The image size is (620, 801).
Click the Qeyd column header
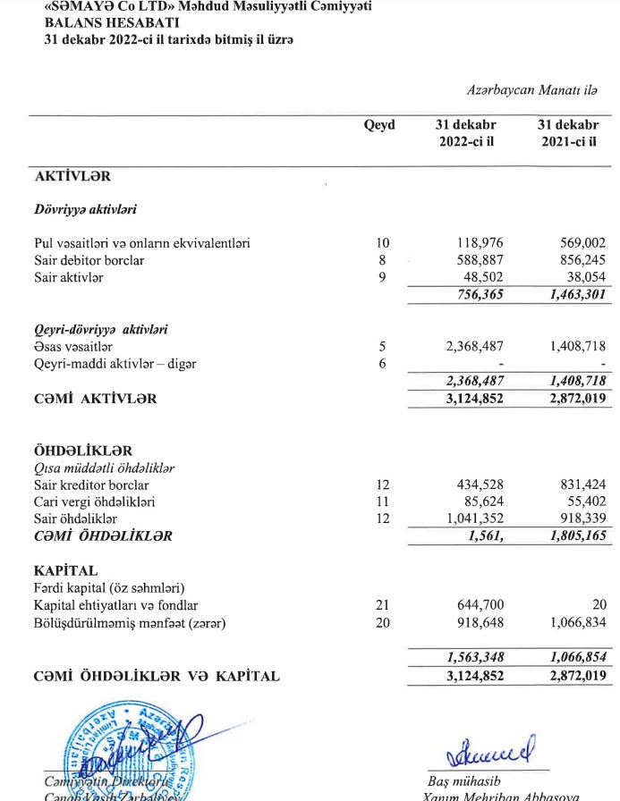[379, 126]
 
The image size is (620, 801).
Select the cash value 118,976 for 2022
[480, 243]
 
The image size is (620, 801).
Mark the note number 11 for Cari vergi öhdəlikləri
[382, 501]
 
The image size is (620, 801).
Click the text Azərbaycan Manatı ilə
[532, 90]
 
